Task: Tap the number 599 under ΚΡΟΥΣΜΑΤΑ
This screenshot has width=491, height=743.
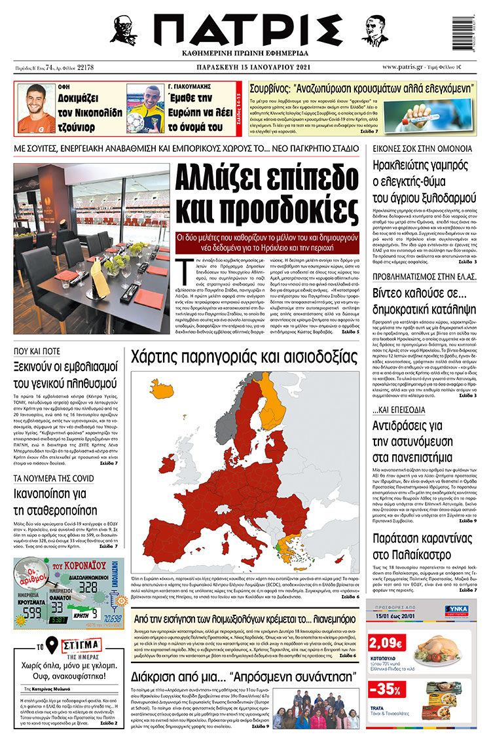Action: pos(33,612)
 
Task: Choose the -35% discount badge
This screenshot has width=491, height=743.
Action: pos(386,688)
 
